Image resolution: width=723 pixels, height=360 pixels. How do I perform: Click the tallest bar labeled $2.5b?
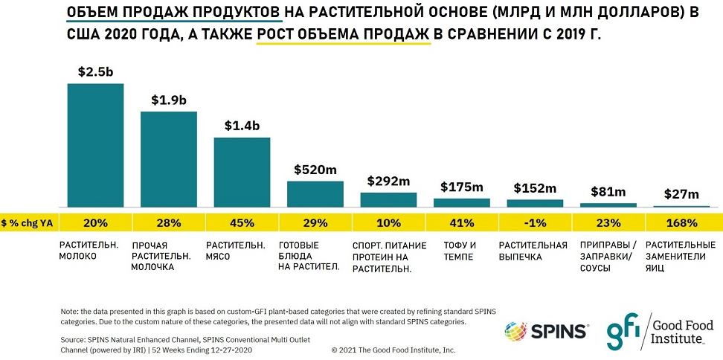click(95, 145)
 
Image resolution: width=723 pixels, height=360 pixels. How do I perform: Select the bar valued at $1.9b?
click(168, 159)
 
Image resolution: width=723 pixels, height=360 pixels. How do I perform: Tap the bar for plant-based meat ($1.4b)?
click(242, 172)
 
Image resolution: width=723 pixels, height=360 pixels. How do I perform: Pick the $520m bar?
click(315, 193)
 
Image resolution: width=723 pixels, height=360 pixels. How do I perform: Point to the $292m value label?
click(389, 181)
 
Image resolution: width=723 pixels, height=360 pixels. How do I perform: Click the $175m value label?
click(461, 187)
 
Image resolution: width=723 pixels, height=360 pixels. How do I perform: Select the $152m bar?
click(535, 202)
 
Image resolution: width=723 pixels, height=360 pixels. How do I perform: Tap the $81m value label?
click(608, 192)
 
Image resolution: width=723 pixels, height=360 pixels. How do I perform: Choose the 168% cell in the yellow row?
click(681, 222)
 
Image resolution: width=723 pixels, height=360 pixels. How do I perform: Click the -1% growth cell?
click(535, 222)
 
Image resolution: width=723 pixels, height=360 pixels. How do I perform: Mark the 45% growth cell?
click(242, 222)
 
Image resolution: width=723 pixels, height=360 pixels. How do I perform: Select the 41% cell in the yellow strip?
click(462, 222)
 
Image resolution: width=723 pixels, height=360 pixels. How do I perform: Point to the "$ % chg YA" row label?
click(28, 222)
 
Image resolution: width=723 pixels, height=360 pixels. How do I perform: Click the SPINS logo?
click(547, 329)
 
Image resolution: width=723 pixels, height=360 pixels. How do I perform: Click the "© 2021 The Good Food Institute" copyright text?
click(393, 349)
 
